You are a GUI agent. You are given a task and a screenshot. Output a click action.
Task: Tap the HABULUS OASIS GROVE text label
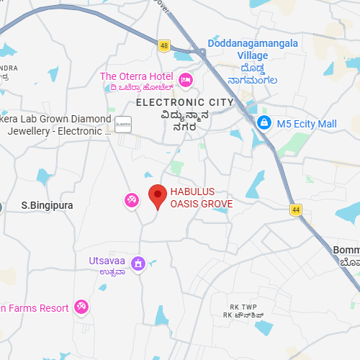click(201, 197)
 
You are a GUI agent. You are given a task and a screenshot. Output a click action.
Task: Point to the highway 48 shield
click(164, 45)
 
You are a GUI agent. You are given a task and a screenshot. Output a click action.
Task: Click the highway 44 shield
click(295, 210)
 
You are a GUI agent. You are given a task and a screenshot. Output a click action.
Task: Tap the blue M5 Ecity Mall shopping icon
click(264, 124)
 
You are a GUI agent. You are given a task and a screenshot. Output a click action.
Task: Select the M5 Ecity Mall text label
click(306, 124)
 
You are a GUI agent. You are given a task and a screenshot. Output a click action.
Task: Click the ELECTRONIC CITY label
click(184, 102)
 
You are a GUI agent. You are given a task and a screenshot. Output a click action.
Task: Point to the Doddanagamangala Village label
click(253, 50)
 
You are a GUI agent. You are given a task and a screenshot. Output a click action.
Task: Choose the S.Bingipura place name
click(47, 205)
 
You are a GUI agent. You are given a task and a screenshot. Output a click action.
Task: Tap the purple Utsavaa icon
click(138, 264)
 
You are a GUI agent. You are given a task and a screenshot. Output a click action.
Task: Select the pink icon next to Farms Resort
click(82, 307)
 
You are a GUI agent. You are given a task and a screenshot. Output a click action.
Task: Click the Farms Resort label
click(36, 308)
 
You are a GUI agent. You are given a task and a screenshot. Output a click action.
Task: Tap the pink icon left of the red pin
click(132, 199)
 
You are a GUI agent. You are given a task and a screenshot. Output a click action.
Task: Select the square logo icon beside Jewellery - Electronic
click(122, 125)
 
